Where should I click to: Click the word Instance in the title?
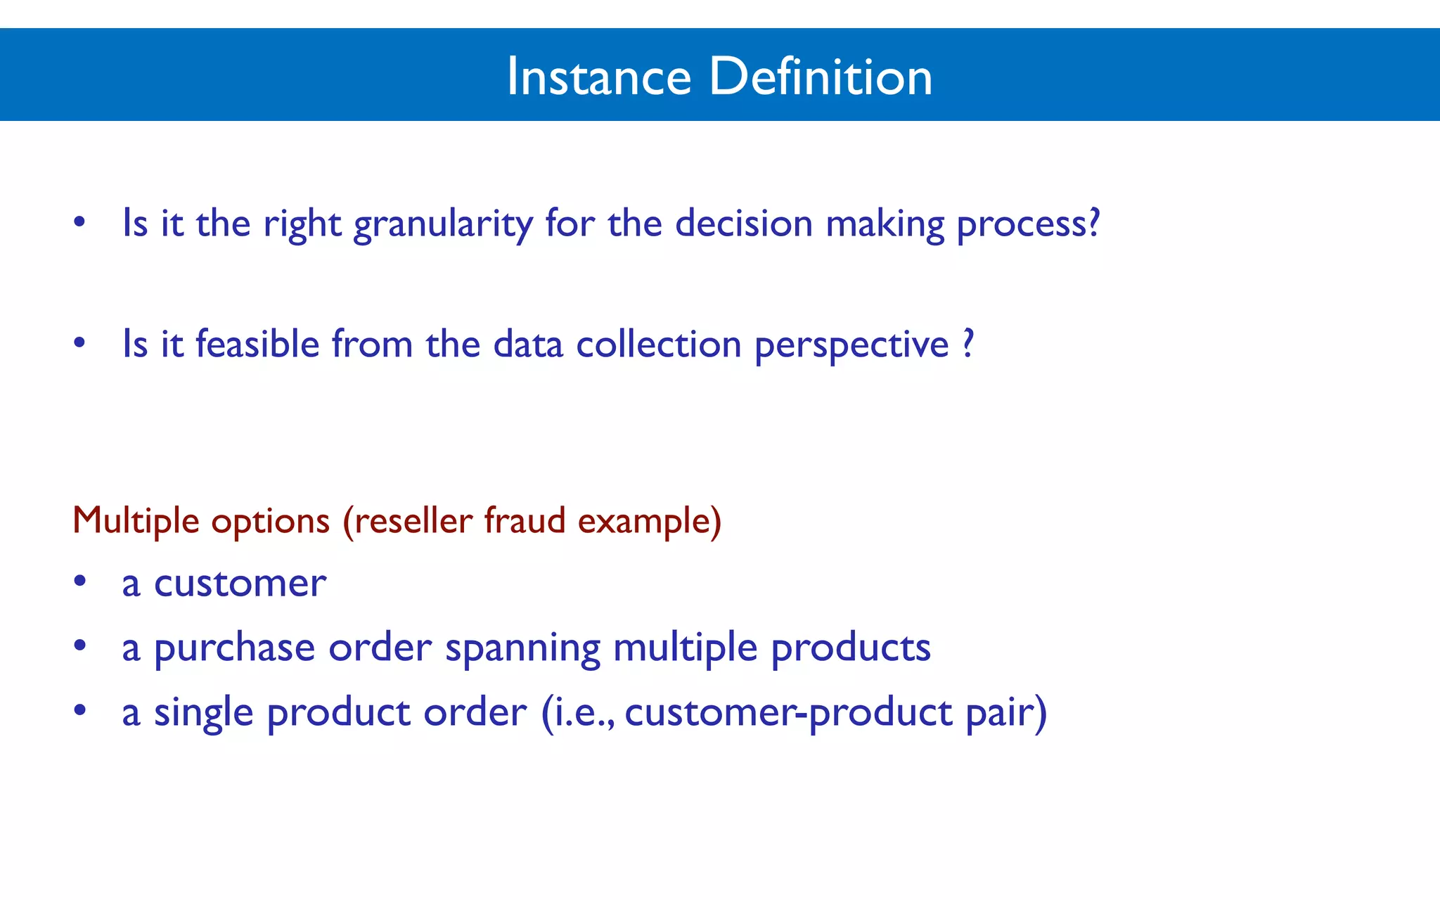[599, 77]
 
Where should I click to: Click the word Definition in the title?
[821, 77]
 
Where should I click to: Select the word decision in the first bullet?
[744, 224]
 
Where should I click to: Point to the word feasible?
[257, 345]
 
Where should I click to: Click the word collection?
[659, 345]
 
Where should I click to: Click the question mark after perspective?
[968, 343]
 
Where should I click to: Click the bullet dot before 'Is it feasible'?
[80, 343]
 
